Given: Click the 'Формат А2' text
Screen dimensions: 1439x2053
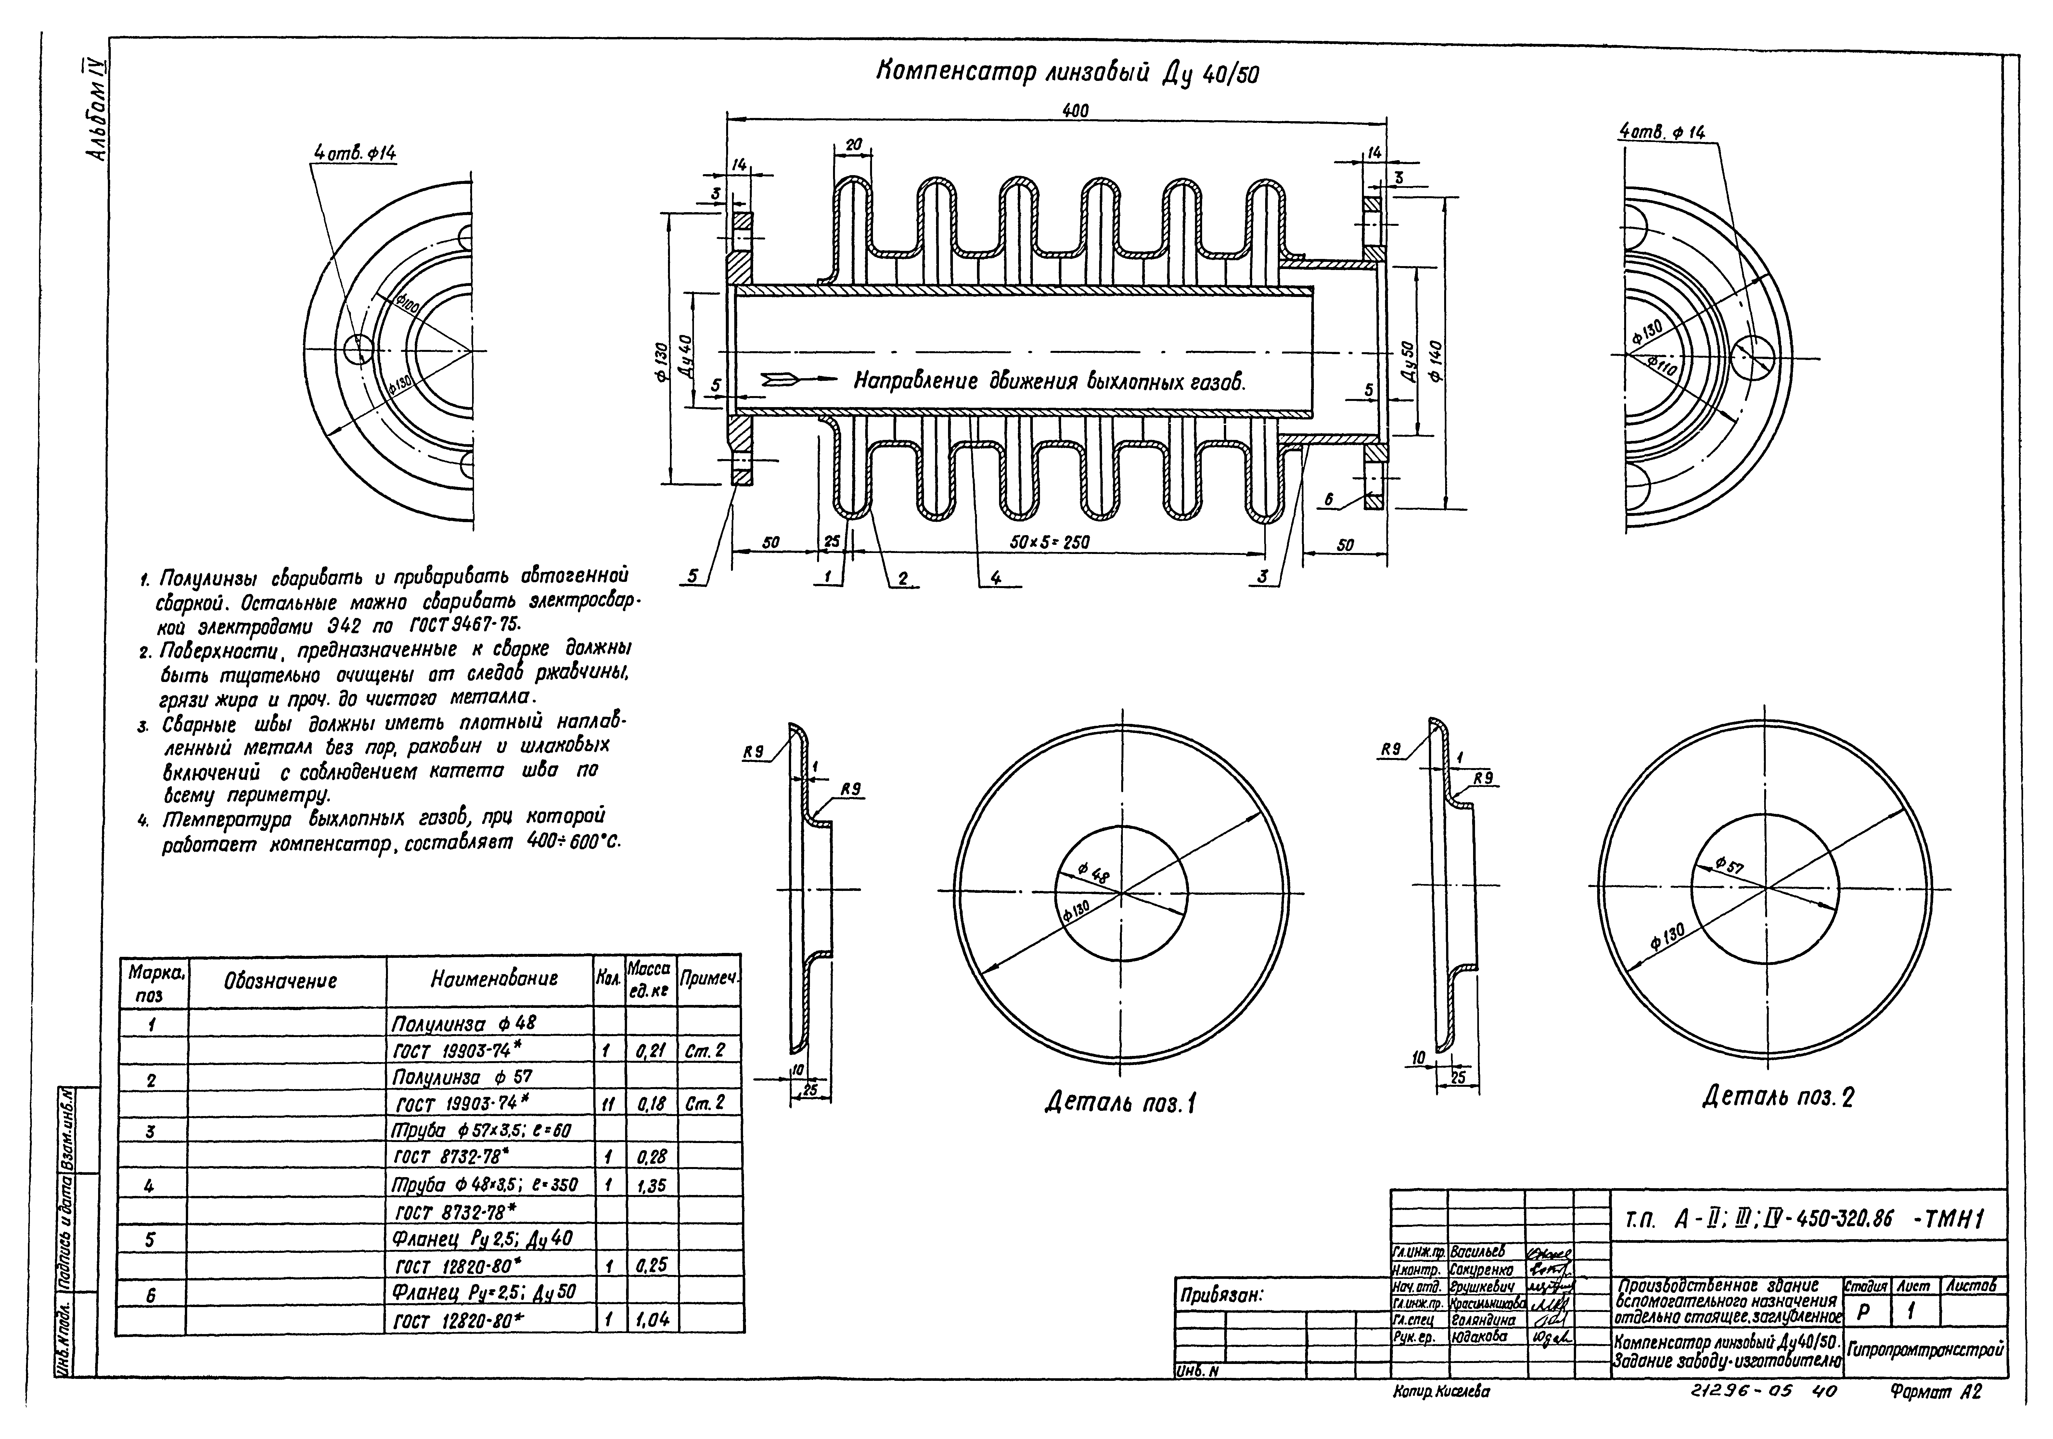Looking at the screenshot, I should tap(1936, 1418).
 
